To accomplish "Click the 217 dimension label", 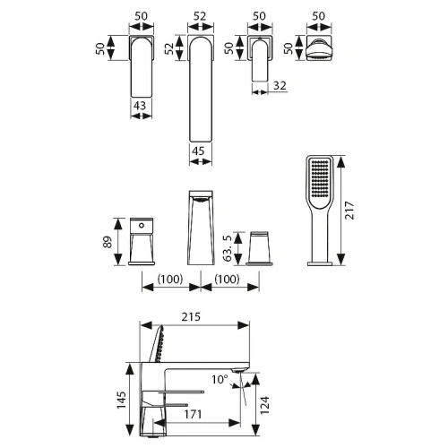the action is [349, 211].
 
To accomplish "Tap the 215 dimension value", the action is [191, 317].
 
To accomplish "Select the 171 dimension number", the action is [193, 414].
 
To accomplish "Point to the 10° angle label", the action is [220, 379].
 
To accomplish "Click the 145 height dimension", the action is [121, 400].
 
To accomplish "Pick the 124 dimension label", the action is [264, 405].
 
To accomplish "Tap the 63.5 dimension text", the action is [228, 248].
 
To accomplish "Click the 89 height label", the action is [108, 242].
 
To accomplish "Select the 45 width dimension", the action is [198, 151].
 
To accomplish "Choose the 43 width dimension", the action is [140, 106].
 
